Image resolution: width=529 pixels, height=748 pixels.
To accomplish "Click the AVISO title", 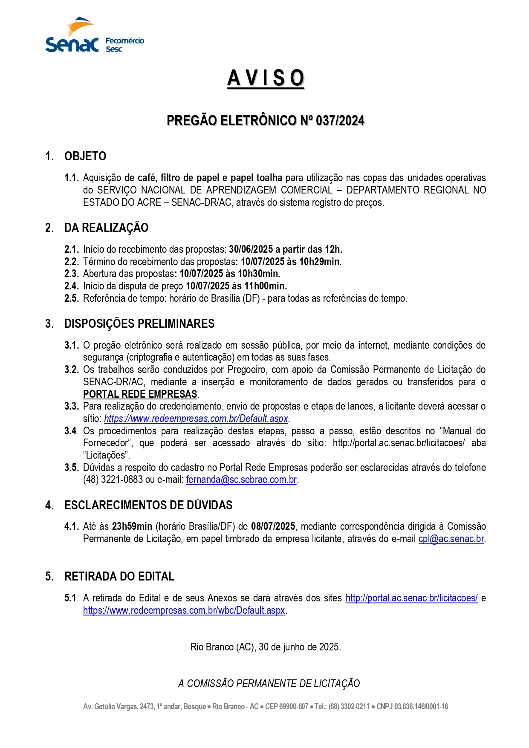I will tap(266, 78).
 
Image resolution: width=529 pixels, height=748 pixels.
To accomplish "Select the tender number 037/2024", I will tap(340, 121).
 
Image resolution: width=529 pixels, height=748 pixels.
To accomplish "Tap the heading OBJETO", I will tap(85, 156).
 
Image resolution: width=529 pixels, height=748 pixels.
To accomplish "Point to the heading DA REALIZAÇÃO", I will tap(106, 228).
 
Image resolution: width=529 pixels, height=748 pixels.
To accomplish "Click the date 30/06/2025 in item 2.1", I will tap(251, 249).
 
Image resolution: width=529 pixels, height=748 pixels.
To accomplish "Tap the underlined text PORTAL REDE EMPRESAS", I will tap(140, 394).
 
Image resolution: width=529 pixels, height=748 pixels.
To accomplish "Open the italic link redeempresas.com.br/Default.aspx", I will tap(196, 419).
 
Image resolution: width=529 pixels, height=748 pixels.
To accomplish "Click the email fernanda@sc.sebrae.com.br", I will tap(241, 480).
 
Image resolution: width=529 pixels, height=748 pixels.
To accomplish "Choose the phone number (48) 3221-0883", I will tap(113, 480).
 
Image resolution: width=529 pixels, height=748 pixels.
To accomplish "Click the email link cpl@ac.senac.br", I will tap(451, 539).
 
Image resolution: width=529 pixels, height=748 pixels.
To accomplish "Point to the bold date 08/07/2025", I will tap(273, 527).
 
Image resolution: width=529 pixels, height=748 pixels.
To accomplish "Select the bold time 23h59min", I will tap(132, 527).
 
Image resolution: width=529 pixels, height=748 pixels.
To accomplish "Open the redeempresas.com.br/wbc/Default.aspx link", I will tap(184, 611).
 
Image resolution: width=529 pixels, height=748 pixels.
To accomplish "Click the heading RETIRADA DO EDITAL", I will tap(119, 577).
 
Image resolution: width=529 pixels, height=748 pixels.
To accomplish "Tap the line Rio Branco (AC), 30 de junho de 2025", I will tap(266, 647).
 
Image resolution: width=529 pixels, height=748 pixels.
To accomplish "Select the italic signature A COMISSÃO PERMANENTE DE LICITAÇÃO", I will tap(269, 684).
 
